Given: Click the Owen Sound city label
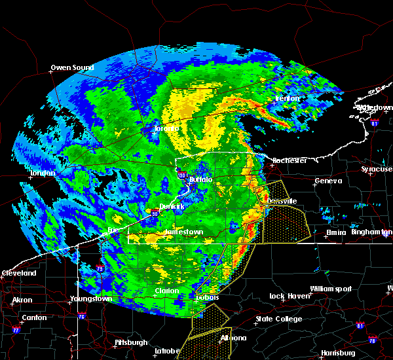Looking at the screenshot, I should point(72,67).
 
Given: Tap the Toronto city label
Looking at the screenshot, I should point(166,128).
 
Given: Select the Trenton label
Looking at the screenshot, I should point(286,98).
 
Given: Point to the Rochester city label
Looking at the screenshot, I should point(290,160).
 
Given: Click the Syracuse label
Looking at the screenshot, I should point(377,170).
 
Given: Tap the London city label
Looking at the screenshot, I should point(42,173).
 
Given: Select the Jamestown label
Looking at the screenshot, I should point(184,232).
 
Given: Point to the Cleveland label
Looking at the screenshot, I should point(18,272).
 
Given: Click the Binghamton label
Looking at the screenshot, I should point(370,232).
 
